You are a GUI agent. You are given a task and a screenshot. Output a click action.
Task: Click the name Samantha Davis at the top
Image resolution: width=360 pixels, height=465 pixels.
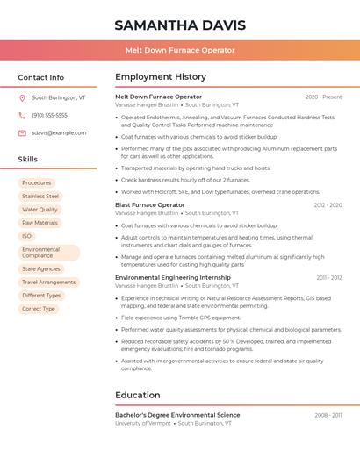[179, 25]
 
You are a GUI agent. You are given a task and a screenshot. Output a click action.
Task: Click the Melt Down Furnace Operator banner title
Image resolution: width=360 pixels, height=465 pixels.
[179, 50]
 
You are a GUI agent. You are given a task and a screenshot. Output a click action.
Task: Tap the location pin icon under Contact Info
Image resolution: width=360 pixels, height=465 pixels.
[22, 98]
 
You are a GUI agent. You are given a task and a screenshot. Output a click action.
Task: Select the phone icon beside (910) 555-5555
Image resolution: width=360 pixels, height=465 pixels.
[22, 115]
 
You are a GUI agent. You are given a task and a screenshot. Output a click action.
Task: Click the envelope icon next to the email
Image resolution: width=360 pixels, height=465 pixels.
[22, 132]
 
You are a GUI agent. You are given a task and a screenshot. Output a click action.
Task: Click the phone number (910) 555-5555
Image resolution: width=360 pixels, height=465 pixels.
[49, 115]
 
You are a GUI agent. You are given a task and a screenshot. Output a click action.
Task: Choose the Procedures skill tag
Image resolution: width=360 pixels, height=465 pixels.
[37, 182]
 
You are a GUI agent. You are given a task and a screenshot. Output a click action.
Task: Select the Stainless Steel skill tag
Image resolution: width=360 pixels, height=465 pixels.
[40, 197]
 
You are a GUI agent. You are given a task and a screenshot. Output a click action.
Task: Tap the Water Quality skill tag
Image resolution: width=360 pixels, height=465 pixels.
[40, 210]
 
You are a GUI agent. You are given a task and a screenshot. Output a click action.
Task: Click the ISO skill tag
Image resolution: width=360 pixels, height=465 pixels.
[26, 236]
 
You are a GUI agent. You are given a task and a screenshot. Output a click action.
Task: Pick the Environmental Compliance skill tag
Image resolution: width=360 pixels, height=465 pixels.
[41, 253]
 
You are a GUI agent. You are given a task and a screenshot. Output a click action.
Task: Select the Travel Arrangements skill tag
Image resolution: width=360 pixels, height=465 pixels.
[49, 283]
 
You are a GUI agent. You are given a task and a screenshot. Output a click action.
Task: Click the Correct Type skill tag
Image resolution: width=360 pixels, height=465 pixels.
[39, 309]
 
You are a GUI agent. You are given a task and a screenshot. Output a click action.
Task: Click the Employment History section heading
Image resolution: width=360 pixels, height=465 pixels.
[161, 77]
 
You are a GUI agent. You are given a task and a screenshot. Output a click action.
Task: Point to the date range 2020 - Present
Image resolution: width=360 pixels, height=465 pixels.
[323, 97]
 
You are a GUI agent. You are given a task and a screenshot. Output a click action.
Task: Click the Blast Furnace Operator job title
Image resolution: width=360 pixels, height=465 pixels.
[150, 205]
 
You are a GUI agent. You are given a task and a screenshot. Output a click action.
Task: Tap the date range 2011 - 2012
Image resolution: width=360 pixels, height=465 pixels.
[329, 277]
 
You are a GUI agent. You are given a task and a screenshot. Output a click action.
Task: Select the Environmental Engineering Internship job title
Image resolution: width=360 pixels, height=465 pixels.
[173, 277]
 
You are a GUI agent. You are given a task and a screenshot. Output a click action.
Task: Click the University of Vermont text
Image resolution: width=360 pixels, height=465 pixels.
[142, 423]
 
